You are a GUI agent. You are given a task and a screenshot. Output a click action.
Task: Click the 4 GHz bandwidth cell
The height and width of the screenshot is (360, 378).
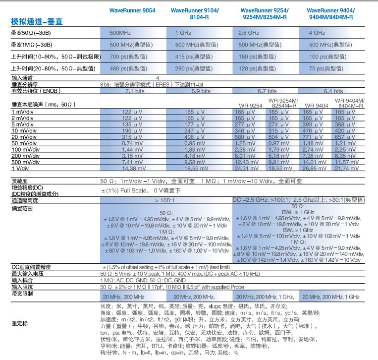click(x=317, y=33)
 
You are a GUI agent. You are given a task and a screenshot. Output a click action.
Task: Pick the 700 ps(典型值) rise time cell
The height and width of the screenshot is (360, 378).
click(x=128, y=57)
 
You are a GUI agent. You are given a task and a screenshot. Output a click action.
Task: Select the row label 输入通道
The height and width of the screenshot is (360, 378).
click(x=22, y=78)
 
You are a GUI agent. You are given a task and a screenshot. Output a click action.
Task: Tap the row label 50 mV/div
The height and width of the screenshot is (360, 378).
click(x=23, y=143)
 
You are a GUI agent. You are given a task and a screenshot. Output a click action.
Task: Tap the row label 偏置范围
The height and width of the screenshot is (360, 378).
click(x=22, y=209)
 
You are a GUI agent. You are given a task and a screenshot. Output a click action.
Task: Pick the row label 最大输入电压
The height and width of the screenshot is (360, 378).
click(x=28, y=273)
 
